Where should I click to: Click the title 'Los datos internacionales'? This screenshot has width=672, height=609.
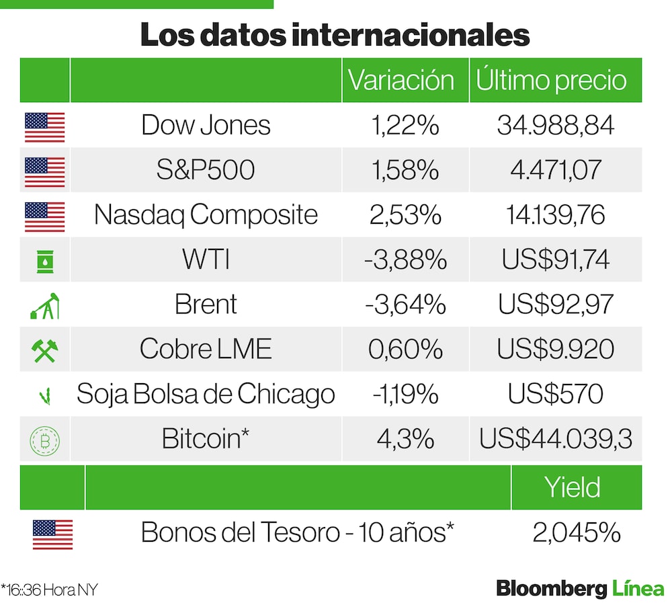tap(335, 35)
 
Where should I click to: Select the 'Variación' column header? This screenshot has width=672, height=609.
tap(401, 80)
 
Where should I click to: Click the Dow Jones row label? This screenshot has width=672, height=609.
tap(206, 125)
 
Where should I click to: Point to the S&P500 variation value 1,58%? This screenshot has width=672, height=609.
tap(405, 170)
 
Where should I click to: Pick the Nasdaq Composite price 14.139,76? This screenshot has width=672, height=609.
tap(555, 215)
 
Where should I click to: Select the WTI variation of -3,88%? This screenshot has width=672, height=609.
tap(405, 260)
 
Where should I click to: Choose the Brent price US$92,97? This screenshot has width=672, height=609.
tap(555, 304)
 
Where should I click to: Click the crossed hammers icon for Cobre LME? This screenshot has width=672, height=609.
tap(44, 350)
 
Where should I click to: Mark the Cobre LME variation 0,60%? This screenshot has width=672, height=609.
tap(405, 350)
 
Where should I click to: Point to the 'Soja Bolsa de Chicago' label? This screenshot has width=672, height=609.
tap(206, 394)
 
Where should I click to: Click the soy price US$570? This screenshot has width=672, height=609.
tap(555, 394)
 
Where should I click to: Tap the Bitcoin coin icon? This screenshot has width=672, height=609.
tap(44, 440)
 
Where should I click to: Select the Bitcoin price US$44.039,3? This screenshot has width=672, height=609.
tap(555, 439)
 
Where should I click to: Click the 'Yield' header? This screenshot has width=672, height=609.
tap(573, 487)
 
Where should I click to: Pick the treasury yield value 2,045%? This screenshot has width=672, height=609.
tap(576, 533)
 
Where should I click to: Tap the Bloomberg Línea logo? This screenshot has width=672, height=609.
tap(580, 589)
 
